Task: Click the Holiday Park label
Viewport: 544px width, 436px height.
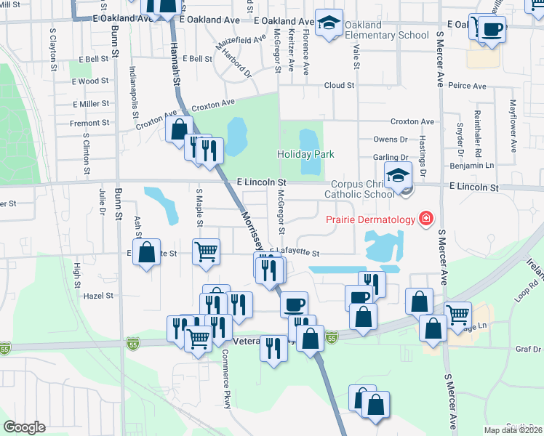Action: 305,154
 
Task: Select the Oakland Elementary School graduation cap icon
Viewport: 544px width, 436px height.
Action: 329,23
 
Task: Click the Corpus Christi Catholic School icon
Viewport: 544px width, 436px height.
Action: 398,176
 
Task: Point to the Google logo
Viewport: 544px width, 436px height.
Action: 24,427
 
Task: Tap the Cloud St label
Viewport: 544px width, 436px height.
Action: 339,85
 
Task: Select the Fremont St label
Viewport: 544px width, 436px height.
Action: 89,124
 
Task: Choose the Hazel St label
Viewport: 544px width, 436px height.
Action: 98,296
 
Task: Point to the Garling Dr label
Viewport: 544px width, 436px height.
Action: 391,158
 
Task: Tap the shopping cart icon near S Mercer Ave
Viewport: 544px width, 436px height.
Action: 457,314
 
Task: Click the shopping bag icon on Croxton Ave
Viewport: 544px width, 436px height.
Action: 179,130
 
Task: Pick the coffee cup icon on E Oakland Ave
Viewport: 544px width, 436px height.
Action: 492,29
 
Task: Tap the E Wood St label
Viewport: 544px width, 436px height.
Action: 91,81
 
